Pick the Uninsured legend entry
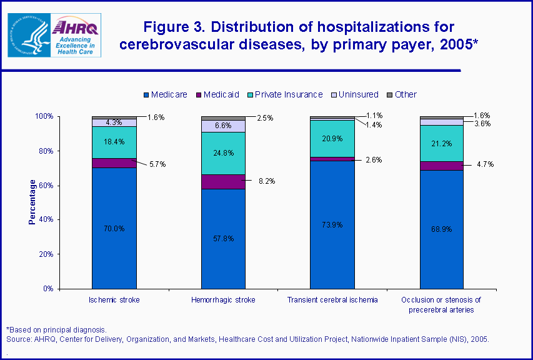coord(354,94)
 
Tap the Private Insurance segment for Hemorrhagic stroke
coord(223,153)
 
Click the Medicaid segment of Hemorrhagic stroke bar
coord(223,181)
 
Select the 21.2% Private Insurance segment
coord(441,143)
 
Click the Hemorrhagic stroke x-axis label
coord(223,300)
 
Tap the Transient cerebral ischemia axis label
coord(332,300)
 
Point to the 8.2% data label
coord(266,181)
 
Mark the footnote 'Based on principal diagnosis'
coord(57,329)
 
